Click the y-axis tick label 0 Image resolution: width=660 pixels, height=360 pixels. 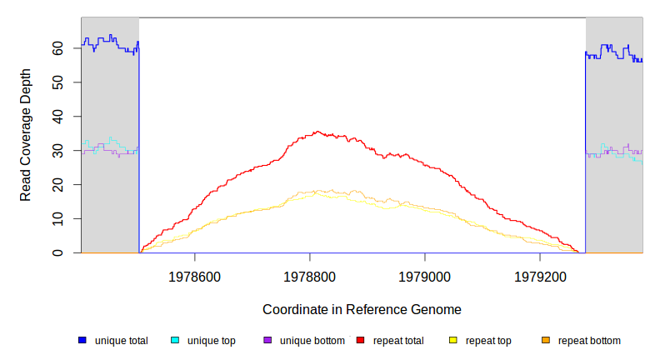click(67, 252)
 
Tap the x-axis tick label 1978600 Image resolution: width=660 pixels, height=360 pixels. click(194, 275)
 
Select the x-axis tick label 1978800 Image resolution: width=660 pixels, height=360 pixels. click(310, 275)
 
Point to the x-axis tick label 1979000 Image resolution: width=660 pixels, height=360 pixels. click(425, 275)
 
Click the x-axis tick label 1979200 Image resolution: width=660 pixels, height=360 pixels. click(540, 275)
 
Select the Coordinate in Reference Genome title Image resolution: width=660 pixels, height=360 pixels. click(362, 309)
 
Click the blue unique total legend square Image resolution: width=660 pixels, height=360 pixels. click(82, 340)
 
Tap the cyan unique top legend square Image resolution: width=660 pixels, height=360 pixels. click(175, 340)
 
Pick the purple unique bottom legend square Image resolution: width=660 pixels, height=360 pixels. click(267, 340)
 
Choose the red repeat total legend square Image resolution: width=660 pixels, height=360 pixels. click(360, 340)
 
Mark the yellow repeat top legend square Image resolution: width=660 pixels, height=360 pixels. click(453, 340)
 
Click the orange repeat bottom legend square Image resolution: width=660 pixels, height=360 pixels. click(546, 340)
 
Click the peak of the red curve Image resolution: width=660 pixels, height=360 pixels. click(316, 132)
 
